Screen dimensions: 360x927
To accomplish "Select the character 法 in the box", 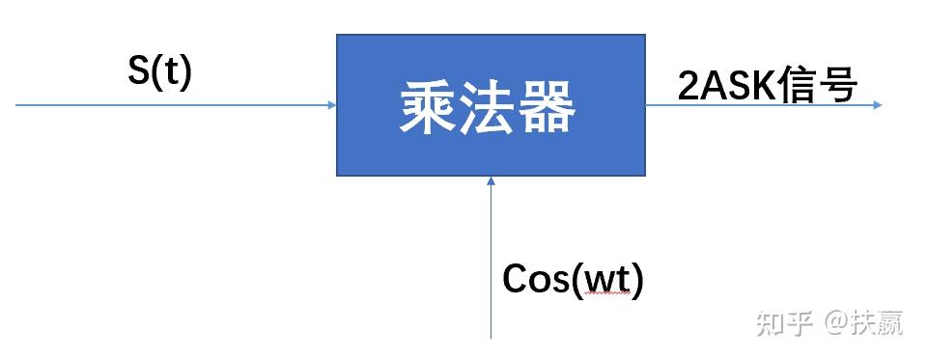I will point(491,107).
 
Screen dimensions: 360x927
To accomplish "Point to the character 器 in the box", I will point(548,107).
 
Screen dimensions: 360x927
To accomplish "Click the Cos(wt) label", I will point(573,280).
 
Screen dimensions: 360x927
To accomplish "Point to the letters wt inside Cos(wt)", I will point(604,281).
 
